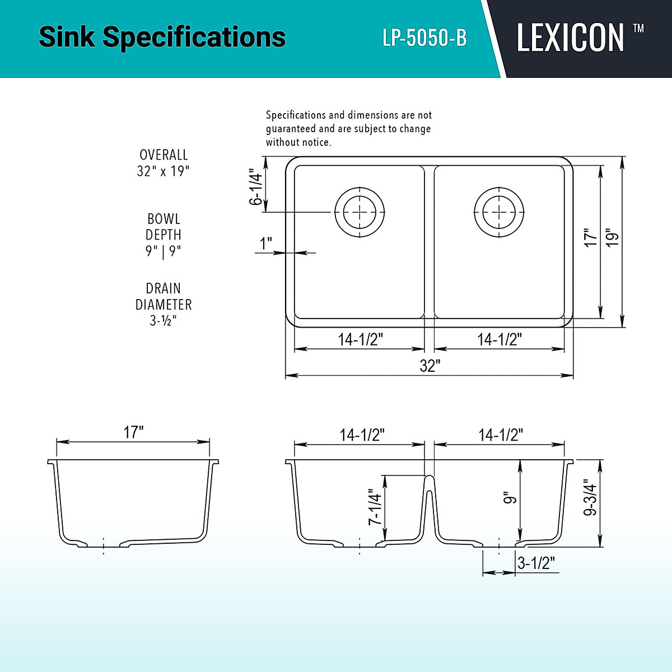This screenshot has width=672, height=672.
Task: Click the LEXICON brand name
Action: (570, 38)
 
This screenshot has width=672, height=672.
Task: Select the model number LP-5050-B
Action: (424, 38)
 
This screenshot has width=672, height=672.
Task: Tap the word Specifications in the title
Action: (194, 38)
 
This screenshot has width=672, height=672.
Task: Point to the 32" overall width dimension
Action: (430, 366)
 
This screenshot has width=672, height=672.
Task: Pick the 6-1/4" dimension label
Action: (256, 188)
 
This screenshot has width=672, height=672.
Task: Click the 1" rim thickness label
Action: (265, 244)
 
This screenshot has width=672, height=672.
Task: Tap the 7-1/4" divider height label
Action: (375, 507)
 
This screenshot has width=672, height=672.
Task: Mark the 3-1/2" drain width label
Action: (536, 563)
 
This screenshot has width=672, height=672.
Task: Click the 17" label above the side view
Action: (133, 432)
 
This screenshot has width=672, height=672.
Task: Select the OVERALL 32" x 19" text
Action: (164, 163)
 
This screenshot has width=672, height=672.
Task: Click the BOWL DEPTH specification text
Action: (164, 235)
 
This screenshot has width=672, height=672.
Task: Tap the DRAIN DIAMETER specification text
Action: (164, 304)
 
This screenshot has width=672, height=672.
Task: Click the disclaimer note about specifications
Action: (348, 129)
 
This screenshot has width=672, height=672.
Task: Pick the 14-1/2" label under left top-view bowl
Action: (360, 339)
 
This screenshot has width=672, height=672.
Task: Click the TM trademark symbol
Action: (638, 28)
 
